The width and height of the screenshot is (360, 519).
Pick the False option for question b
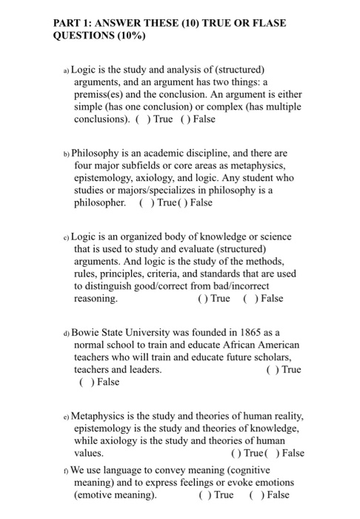coord(196,202)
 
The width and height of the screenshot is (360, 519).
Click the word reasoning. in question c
coord(96,299)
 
